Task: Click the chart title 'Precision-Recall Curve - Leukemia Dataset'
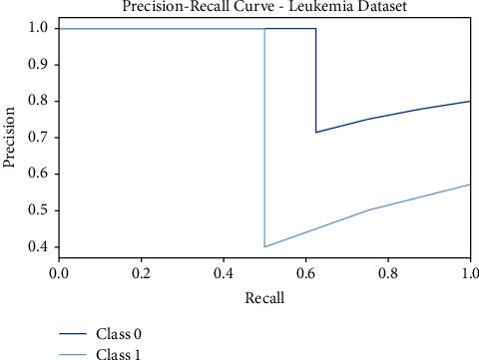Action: pos(263,8)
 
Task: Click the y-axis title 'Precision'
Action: pos(11,137)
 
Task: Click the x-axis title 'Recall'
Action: pos(264,297)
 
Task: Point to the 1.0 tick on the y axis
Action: pos(38,29)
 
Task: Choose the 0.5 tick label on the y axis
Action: pos(38,210)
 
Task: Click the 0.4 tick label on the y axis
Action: pos(38,246)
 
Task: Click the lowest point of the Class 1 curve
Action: pos(264,246)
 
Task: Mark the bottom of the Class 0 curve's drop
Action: pos(316,132)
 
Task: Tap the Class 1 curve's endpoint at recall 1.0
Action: pos(469,184)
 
